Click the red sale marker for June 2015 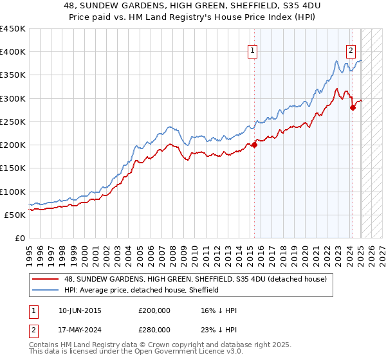(254, 145)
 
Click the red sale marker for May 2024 (353, 107)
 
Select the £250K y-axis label (13, 122)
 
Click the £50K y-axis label (15, 215)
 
